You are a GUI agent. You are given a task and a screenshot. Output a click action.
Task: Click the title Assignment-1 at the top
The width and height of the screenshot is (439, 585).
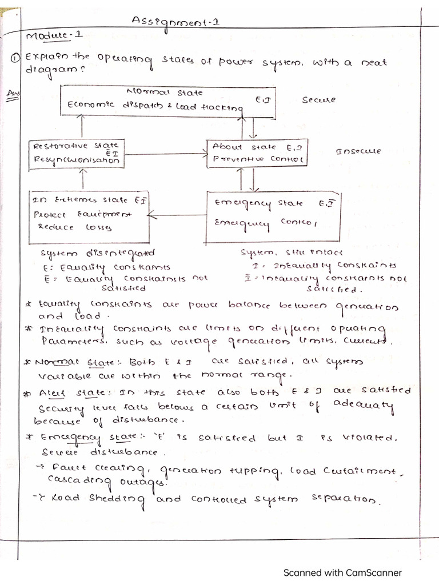(175, 22)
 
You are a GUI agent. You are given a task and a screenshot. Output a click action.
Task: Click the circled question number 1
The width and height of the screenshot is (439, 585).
(17, 58)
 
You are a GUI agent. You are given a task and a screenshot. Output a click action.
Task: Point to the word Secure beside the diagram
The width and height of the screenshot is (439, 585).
(319, 100)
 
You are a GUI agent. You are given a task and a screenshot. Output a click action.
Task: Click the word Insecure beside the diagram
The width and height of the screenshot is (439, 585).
(358, 151)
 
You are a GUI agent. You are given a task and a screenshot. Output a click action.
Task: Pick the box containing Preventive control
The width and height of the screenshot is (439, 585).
(256, 153)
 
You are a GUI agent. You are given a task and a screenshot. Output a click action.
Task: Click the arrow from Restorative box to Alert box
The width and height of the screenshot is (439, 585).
(164, 153)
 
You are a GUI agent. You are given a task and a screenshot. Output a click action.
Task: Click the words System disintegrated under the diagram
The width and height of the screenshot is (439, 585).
(97, 253)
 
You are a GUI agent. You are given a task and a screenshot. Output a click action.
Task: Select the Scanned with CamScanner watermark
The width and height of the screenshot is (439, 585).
(342, 572)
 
